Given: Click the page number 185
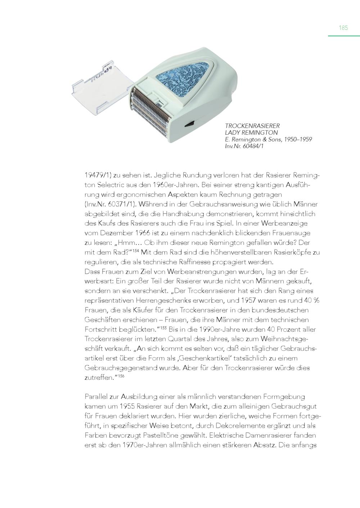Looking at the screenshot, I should pos(343,28).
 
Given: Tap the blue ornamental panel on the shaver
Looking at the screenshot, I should pos(184,78).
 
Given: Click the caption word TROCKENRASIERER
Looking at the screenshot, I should pos(252,126).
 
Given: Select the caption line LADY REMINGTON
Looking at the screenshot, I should pos(251,132).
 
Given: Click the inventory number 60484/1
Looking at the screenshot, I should pos(250,146).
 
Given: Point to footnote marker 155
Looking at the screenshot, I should pos(163,327).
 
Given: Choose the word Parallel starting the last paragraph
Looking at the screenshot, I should pos(96,397).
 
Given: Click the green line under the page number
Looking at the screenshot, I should pos(344,36).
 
